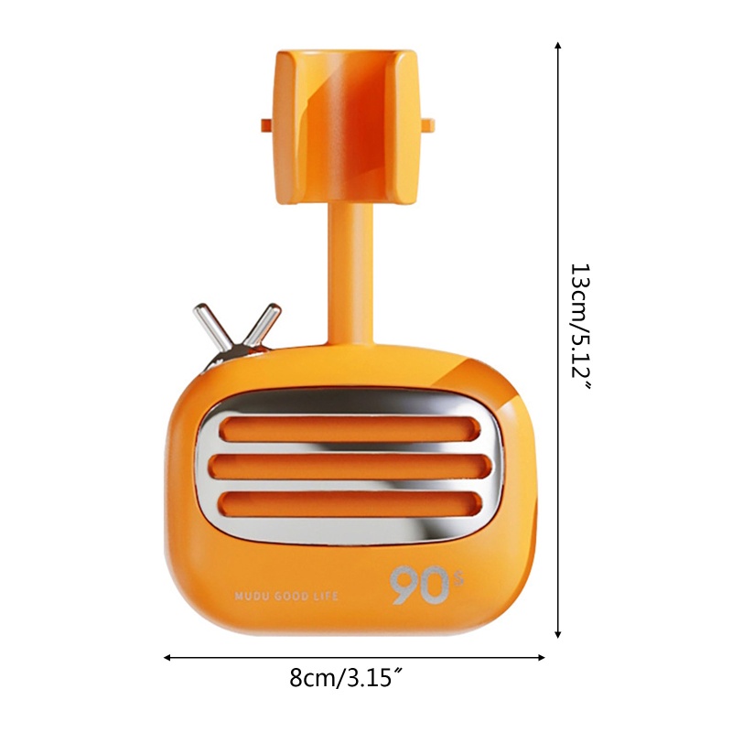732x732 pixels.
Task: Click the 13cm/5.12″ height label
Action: click(x=583, y=327)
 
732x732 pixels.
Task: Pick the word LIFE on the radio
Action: click(x=327, y=596)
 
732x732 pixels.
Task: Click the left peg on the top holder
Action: click(x=265, y=124)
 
